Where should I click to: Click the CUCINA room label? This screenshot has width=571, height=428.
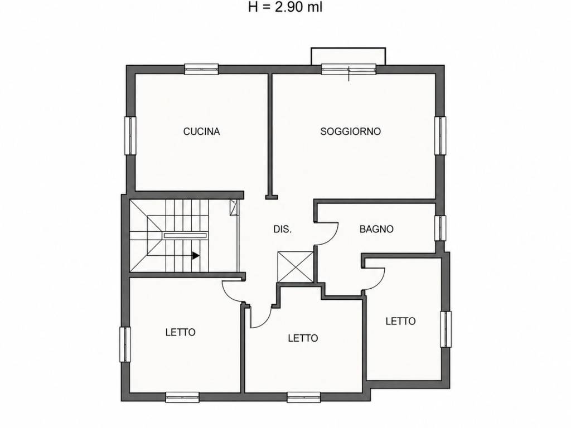[201, 132]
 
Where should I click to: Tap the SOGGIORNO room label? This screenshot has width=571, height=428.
[350, 132]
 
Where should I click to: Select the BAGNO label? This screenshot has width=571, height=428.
[376, 229]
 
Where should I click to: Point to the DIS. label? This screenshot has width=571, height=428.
[282, 229]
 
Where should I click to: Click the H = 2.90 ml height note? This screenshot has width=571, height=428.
[285, 7]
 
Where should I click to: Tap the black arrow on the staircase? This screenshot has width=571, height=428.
[196, 256]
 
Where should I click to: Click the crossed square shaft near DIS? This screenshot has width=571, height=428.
[296, 267]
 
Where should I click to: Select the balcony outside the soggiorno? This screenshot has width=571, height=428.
[348, 56]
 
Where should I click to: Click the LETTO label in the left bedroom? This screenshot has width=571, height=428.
[180, 332]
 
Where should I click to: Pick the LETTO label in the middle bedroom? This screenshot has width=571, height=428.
[303, 338]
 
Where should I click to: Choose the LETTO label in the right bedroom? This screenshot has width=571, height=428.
[400, 322]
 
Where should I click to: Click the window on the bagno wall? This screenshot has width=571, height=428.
[441, 228]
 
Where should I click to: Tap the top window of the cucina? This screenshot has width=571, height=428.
[201, 69]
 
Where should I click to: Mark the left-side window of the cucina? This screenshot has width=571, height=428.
[130, 135]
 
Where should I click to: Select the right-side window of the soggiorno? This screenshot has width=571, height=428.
[441, 135]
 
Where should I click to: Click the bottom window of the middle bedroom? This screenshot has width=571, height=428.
[304, 397]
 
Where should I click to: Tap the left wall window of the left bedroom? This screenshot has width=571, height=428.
[125, 344]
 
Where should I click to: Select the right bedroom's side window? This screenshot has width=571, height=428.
[446, 329]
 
